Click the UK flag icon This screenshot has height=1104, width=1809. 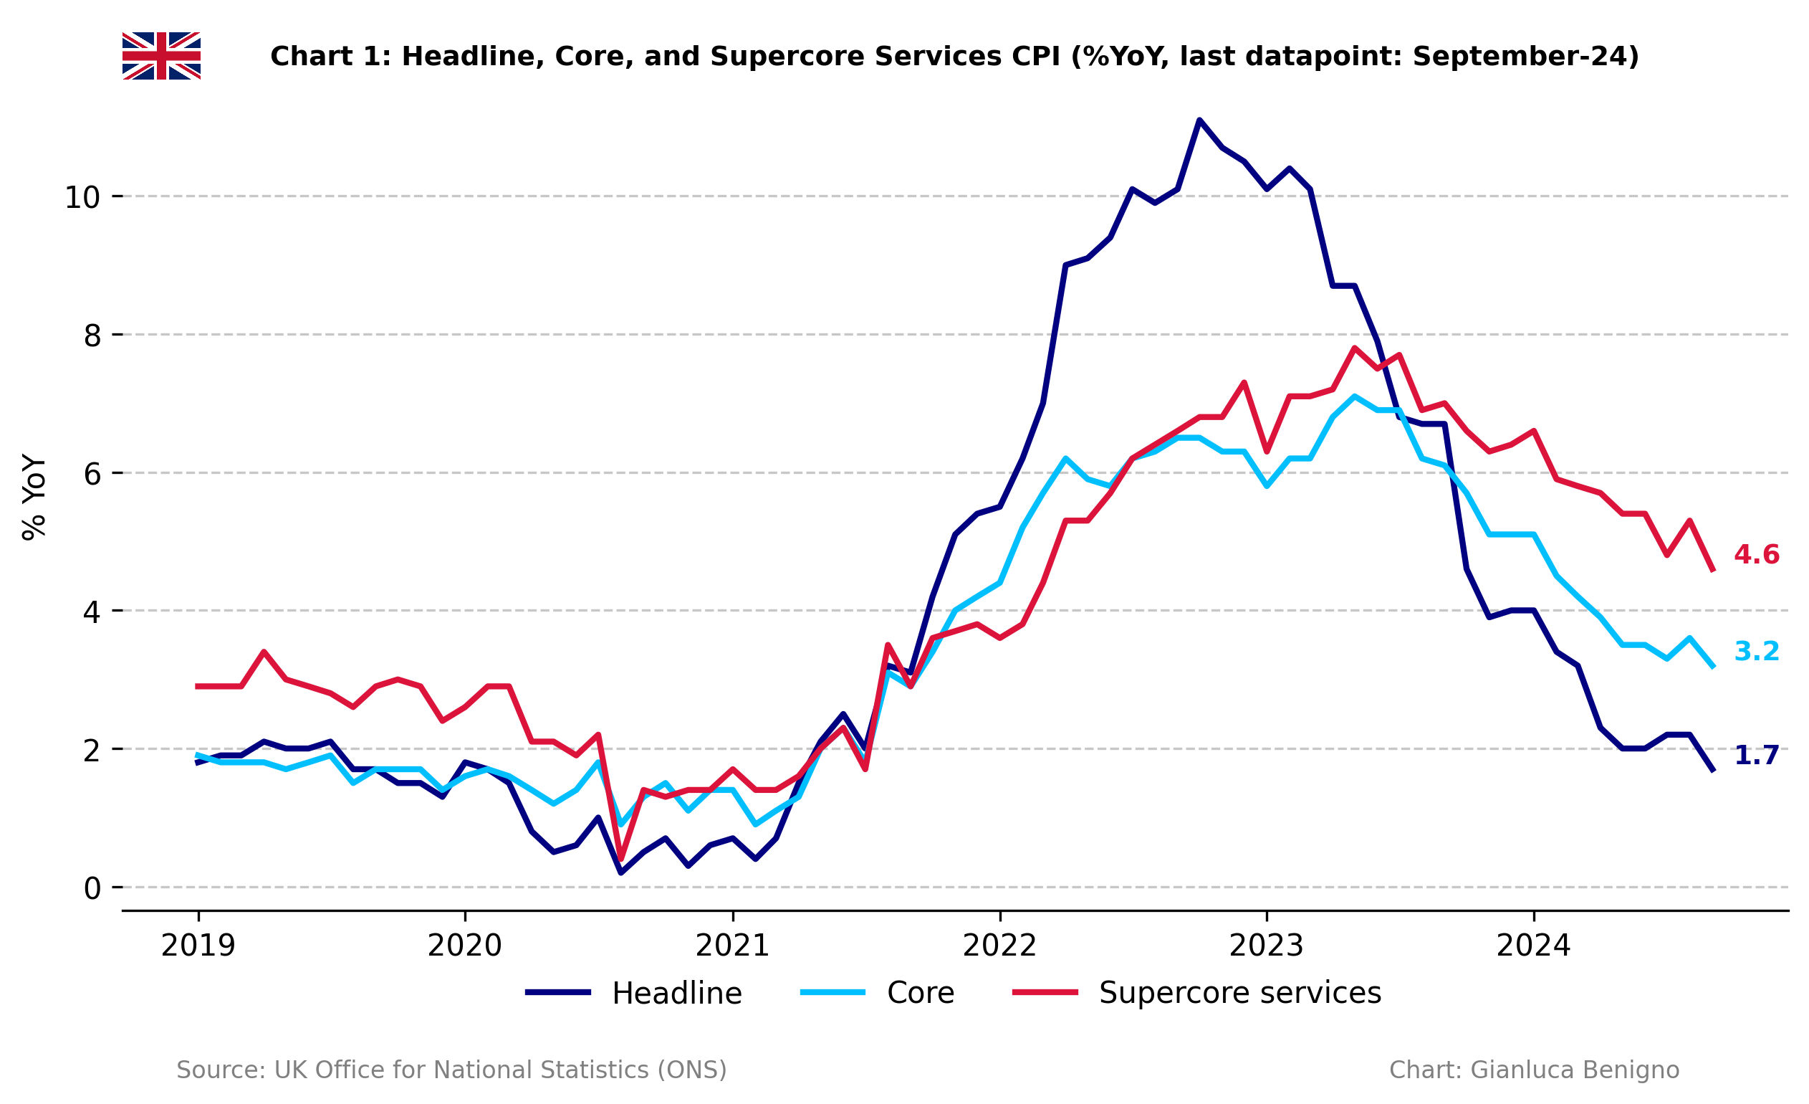click(x=160, y=56)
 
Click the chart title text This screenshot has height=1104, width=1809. click(x=954, y=57)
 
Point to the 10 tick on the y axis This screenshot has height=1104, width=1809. click(x=82, y=197)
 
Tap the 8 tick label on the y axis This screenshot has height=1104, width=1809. click(x=92, y=336)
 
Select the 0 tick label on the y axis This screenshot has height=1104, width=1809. click(x=92, y=889)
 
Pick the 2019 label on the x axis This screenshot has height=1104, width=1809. click(x=198, y=946)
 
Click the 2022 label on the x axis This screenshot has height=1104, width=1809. click(x=999, y=946)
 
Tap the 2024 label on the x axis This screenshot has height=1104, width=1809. click(x=1533, y=946)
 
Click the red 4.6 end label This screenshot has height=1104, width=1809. click(x=1756, y=555)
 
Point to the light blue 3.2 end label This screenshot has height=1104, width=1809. click(x=1756, y=651)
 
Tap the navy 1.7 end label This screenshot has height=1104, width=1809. click(x=1756, y=755)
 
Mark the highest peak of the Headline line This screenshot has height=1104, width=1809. click(x=1199, y=120)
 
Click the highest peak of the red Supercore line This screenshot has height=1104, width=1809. click(x=1355, y=348)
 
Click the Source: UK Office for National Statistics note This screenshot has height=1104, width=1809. click(x=451, y=1070)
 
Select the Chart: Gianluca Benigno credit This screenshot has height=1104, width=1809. click(x=1534, y=1070)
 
